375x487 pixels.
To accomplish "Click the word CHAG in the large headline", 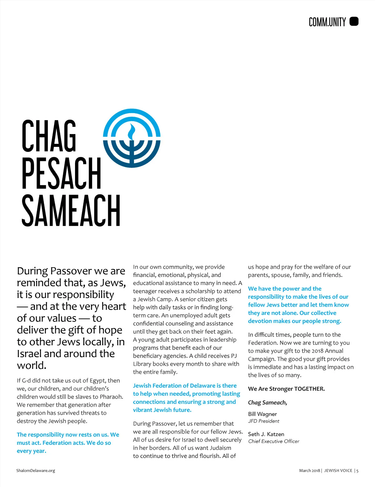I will click(49, 136).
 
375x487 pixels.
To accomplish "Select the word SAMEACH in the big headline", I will click(71, 210).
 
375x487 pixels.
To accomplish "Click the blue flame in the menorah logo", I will click(132, 131).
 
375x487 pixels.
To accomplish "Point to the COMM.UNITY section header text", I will click(327, 22).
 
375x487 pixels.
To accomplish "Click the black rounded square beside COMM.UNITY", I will click(354, 22).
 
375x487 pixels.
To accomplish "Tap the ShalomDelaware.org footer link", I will click(36, 470).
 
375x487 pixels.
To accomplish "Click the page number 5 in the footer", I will click(357, 470).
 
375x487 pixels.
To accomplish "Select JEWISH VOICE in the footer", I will click(338, 470).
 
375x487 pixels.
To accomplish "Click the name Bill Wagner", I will click(262, 414).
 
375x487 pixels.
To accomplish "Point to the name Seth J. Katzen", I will click(266, 434).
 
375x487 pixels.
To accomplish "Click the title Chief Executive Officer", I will click(274, 441).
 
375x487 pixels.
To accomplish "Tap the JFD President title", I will click(264, 421).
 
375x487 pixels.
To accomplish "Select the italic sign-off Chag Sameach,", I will click(267, 402).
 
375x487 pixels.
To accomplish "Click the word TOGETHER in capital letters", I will click(309, 389).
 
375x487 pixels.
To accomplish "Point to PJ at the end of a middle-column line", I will click(234, 356).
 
